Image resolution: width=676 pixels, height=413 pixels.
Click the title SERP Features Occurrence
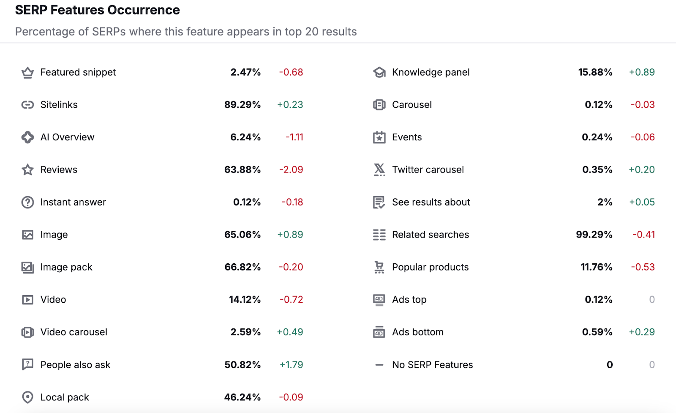coord(97,10)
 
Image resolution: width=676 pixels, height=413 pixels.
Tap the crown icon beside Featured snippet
coord(27,73)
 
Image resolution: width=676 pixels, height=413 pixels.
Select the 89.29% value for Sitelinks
coord(242,105)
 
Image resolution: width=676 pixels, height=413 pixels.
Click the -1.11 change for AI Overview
coord(294,137)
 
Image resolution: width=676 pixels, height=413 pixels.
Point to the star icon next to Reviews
coord(27,170)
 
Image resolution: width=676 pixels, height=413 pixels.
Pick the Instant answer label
coord(73,202)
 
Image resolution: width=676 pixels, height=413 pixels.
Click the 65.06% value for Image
coord(242,235)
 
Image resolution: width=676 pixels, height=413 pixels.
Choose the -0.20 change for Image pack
coord(291,267)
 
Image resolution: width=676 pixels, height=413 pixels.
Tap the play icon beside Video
coord(27,300)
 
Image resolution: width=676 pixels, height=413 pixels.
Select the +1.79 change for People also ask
coord(291,365)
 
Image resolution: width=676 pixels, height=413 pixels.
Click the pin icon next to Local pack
coord(27,397)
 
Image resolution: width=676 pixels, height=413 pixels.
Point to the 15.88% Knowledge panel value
coord(595,72)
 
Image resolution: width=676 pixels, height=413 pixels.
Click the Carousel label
coord(412,105)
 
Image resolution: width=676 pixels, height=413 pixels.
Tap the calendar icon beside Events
coord(379,137)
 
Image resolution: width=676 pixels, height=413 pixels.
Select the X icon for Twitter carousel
coord(379,170)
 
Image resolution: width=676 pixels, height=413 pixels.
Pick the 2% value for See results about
coord(605,202)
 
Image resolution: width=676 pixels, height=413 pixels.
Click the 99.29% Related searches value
coord(594,235)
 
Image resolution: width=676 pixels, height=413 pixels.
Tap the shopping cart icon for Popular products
coord(379,267)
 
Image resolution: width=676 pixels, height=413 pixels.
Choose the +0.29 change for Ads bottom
coord(641,332)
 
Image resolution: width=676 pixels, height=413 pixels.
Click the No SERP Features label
coord(432,365)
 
